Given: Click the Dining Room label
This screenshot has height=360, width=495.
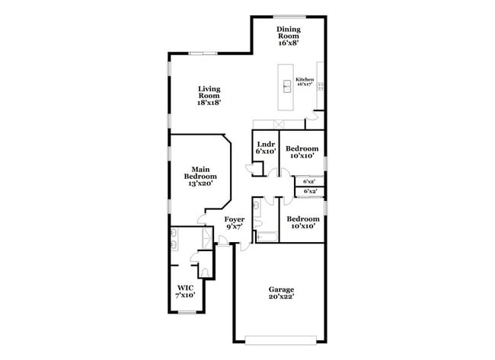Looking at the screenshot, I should coord(288,36).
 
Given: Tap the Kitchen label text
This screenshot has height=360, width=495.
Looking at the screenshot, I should coord(305,81).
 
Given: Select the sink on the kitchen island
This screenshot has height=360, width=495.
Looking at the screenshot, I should coord(287,85).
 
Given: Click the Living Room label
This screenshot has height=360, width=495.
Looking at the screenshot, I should coord(209,96).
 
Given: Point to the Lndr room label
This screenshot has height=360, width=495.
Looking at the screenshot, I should coord(265,148).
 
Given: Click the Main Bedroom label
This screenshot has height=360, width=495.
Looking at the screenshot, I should coord(200,176).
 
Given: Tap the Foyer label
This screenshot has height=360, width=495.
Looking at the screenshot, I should coord(234,223).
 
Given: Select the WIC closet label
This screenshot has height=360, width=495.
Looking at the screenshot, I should coord(186,292).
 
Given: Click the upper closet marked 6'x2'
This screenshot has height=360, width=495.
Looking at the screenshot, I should coord(309,182).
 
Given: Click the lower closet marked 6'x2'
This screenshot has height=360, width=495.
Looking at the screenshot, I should coord(309,192).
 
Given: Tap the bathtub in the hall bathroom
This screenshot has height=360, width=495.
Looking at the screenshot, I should coord(267,237).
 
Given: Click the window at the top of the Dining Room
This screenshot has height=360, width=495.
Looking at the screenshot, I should coord(290,16).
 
